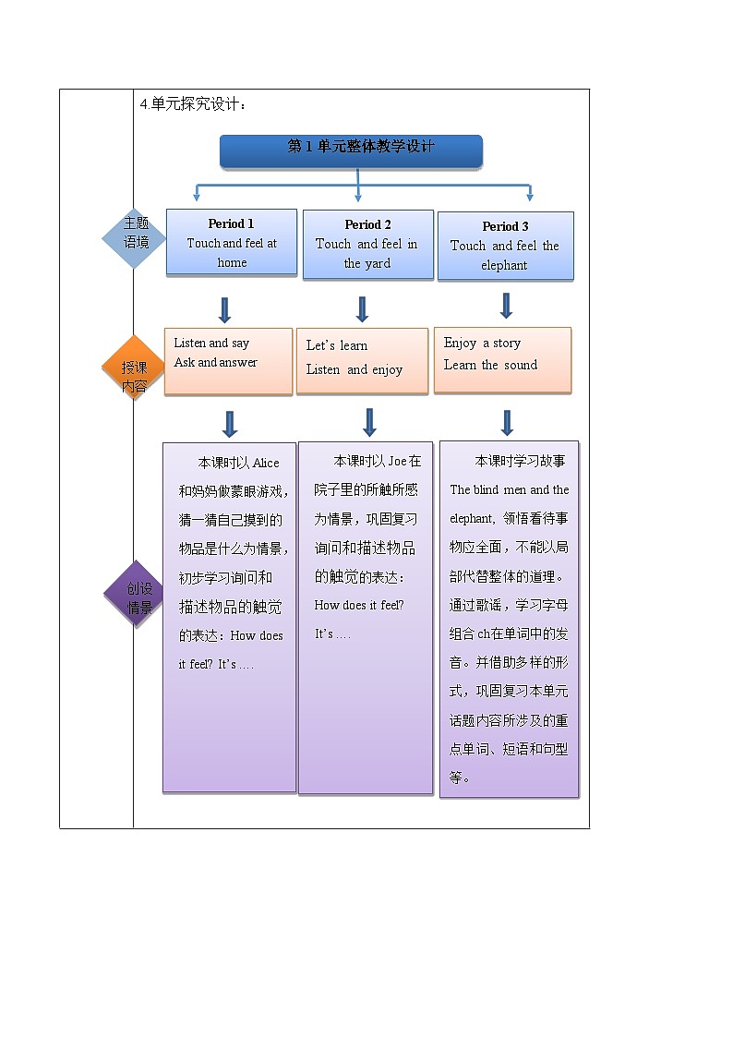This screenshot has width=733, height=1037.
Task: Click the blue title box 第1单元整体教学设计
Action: click(x=351, y=151)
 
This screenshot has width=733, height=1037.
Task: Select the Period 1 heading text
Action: click(x=231, y=223)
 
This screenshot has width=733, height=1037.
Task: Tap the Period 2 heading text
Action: click(x=367, y=224)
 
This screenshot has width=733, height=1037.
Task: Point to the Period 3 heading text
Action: click(x=505, y=226)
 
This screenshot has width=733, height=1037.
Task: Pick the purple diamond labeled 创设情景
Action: click(x=138, y=593)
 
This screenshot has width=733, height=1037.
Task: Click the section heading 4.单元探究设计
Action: click(x=193, y=104)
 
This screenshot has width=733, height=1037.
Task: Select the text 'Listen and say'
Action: click(x=211, y=343)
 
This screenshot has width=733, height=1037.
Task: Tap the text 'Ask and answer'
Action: click(x=215, y=362)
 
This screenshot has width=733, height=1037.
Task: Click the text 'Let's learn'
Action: click(x=336, y=345)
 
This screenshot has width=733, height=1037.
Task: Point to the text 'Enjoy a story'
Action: click(x=482, y=343)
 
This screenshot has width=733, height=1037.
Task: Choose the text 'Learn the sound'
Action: click(x=490, y=365)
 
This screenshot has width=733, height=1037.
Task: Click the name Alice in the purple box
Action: click(x=266, y=463)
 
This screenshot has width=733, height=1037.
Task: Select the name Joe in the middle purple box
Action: click(x=397, y=461)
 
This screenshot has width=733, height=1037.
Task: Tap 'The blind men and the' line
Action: click(x=509, y=489)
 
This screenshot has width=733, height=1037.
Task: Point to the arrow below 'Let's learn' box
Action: click(x=369, y=421)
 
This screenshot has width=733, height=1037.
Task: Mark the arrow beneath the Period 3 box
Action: click(x=506, y=305)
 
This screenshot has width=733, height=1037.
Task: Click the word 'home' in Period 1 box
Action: click(x=232, y=263)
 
